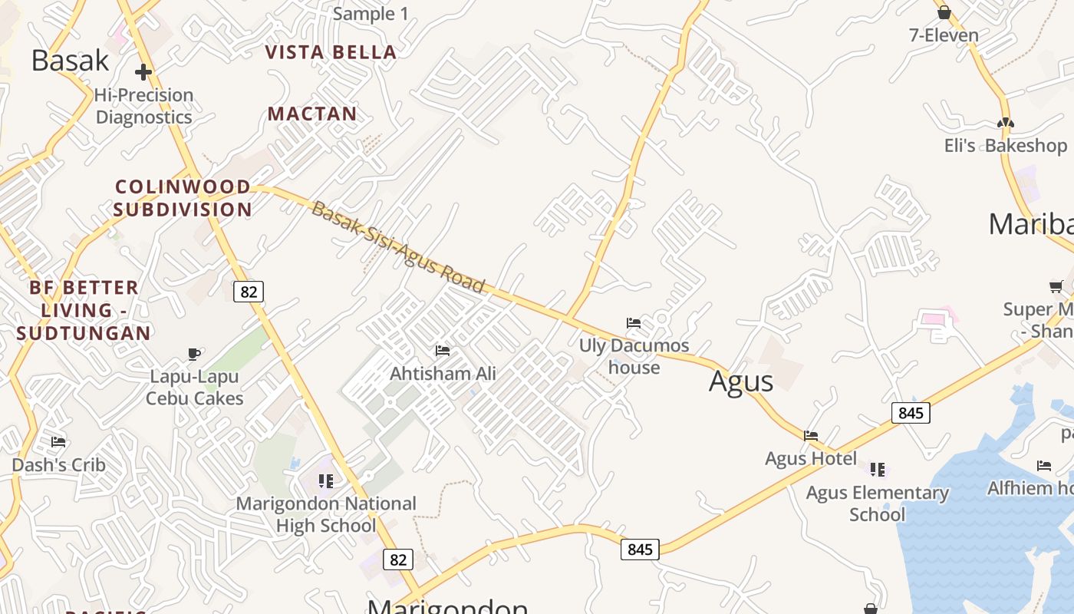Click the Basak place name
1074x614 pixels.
(x=70, y=60)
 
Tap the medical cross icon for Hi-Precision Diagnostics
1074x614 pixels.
(x=143, y=72)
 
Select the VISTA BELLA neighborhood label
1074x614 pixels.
(x=331, y=52)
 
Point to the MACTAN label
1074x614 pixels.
(x=312, y=114)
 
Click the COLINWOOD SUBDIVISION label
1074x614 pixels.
(x=183, y=198)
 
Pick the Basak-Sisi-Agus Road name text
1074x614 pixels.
(x=398, y=247)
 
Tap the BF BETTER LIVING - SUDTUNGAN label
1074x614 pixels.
(x=84, y=310)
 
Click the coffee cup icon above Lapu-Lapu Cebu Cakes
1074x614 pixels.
(x=194, y=354)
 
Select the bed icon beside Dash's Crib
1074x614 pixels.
(x=58, y=441)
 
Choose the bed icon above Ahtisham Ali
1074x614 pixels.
(x=443, y=351)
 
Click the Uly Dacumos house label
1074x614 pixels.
(x=634, y=356)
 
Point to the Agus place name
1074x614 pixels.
(x=741, y=381)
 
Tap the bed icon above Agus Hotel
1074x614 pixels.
(x=811, y=436)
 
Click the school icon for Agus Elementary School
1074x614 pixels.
(x=878, y=469)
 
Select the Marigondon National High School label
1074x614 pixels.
(x=326, y=514)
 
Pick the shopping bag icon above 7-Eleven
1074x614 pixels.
(x=944, y=12)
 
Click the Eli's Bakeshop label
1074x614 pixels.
(x=1005, y=145)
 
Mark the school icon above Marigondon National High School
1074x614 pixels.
(x=326, y=481)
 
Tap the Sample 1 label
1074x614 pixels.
(x=371, y=14)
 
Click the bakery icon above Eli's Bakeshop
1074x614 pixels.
(x=1005, y=122)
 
